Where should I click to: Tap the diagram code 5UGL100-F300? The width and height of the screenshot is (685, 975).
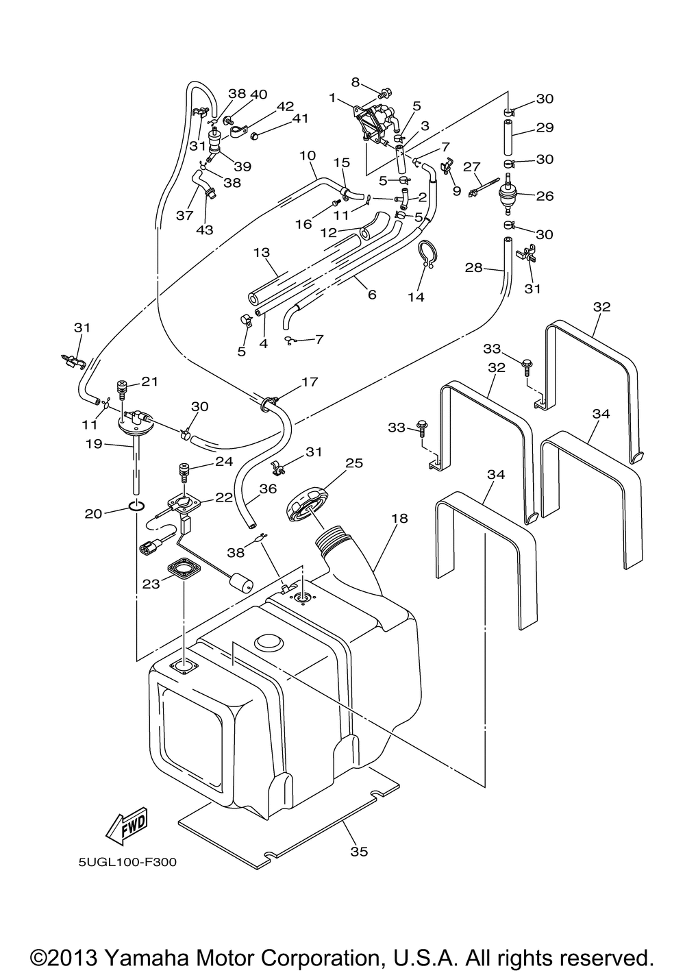pos(127,861)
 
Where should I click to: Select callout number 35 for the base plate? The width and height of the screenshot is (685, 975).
pos(359,851)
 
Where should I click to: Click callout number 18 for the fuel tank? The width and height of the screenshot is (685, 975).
pos(399,519)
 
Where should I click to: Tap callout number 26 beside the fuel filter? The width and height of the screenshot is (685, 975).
pos(545,197)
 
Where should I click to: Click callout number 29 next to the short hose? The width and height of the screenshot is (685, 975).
pos(545,128)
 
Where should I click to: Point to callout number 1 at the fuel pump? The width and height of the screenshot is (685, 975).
pos(332,98)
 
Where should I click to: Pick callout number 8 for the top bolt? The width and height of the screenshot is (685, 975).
pos(355,82)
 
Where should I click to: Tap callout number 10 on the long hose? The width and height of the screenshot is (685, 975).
pos(308,156)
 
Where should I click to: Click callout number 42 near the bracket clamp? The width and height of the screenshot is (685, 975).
pos(285,106)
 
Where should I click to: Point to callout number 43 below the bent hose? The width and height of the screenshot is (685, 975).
pos(205,230)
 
